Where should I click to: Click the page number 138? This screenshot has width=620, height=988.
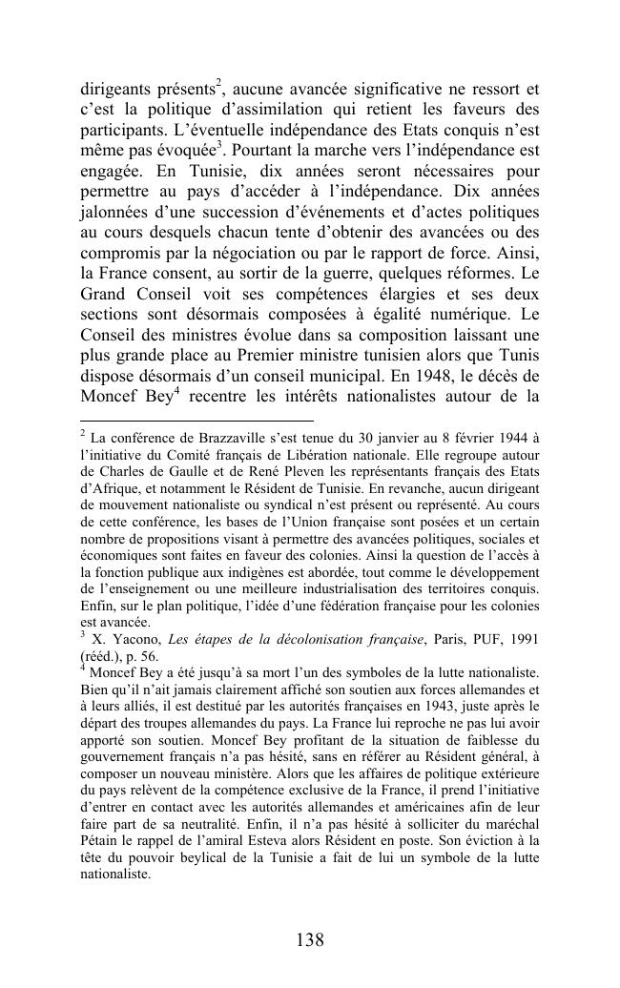coord(310,940)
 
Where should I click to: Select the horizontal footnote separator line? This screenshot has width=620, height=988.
coord(196,420)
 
